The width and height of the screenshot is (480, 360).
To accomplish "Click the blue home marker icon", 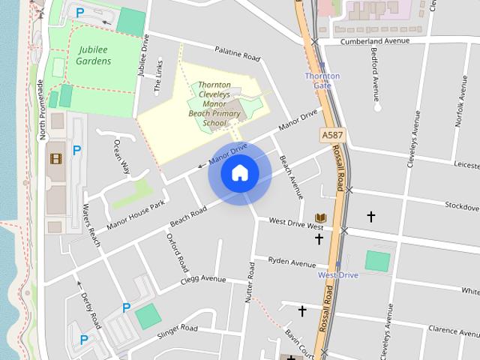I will [x=240, y=173].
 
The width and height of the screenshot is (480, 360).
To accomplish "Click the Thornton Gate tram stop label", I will [x=322, y=80].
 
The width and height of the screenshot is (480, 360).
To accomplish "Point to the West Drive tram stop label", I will [x=338, y=275].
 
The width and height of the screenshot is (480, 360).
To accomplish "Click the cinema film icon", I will [x=55, y=158].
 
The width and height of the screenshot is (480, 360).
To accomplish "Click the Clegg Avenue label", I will [x=203, y=280].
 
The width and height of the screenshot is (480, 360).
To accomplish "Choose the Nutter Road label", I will [x=250, y=283].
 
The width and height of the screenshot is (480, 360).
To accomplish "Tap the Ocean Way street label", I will [x=121, y=155].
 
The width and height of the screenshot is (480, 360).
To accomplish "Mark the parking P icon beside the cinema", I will [x=76, y=151].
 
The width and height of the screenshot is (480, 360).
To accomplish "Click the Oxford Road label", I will [x=178, y=252].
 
